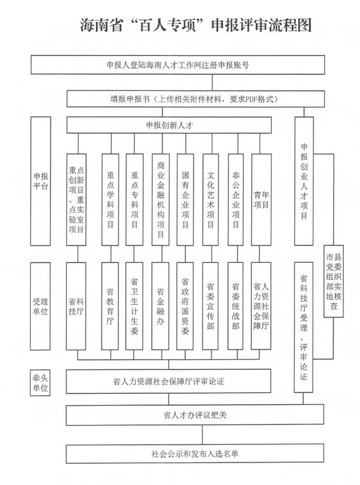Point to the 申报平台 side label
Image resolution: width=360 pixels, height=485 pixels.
click(x=41, y=181)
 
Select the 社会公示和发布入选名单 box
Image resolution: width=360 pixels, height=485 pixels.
click(x=195, y=454)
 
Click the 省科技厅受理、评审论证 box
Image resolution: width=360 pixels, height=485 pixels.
click(x=304, y=326)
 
